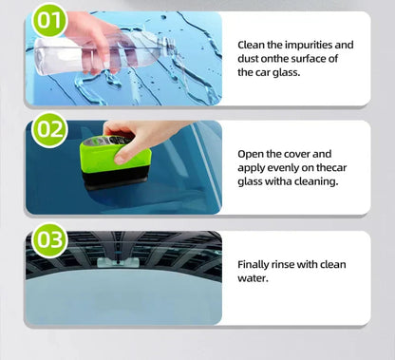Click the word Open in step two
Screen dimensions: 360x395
click(253, 152)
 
